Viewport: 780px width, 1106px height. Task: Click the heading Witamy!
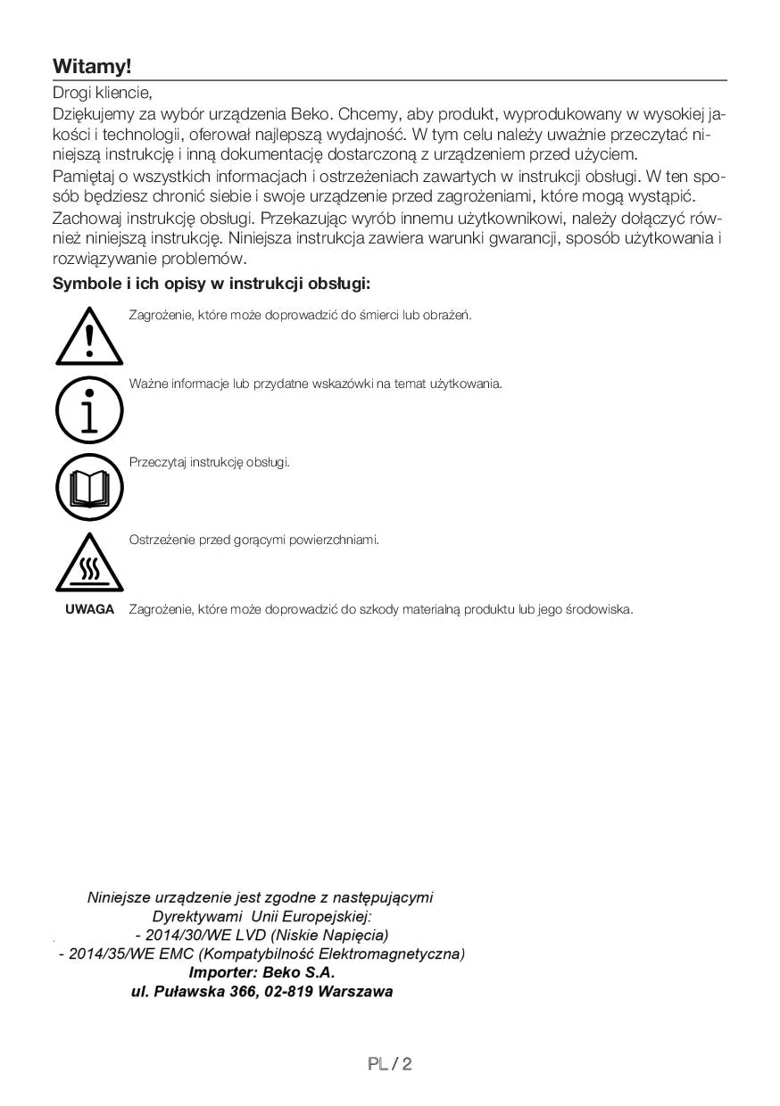pos(92,66)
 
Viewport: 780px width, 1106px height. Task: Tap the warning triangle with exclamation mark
pos(88,336)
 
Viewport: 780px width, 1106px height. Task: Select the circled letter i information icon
pos(88,410)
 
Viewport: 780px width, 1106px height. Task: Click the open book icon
pos(88,487)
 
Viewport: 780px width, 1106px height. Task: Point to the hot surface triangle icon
pos(88,565)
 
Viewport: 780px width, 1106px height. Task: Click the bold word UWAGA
pos(89,609)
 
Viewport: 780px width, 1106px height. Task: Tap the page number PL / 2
pos(389,1064)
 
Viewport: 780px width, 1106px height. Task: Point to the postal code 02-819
pos(289,991)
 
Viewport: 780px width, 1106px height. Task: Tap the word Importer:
pos(225,972)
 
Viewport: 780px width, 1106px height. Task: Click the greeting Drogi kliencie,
pos(103,92)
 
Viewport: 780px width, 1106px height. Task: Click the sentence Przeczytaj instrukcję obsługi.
pos(210,462)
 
